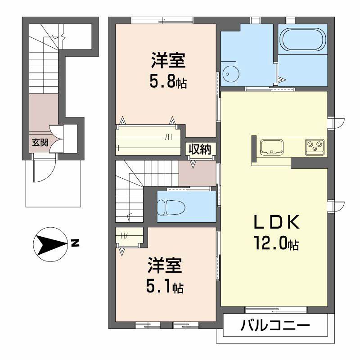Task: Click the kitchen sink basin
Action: pos(271,147)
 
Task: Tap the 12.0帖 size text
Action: pos(275,243)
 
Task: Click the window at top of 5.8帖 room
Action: pos(162,19)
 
